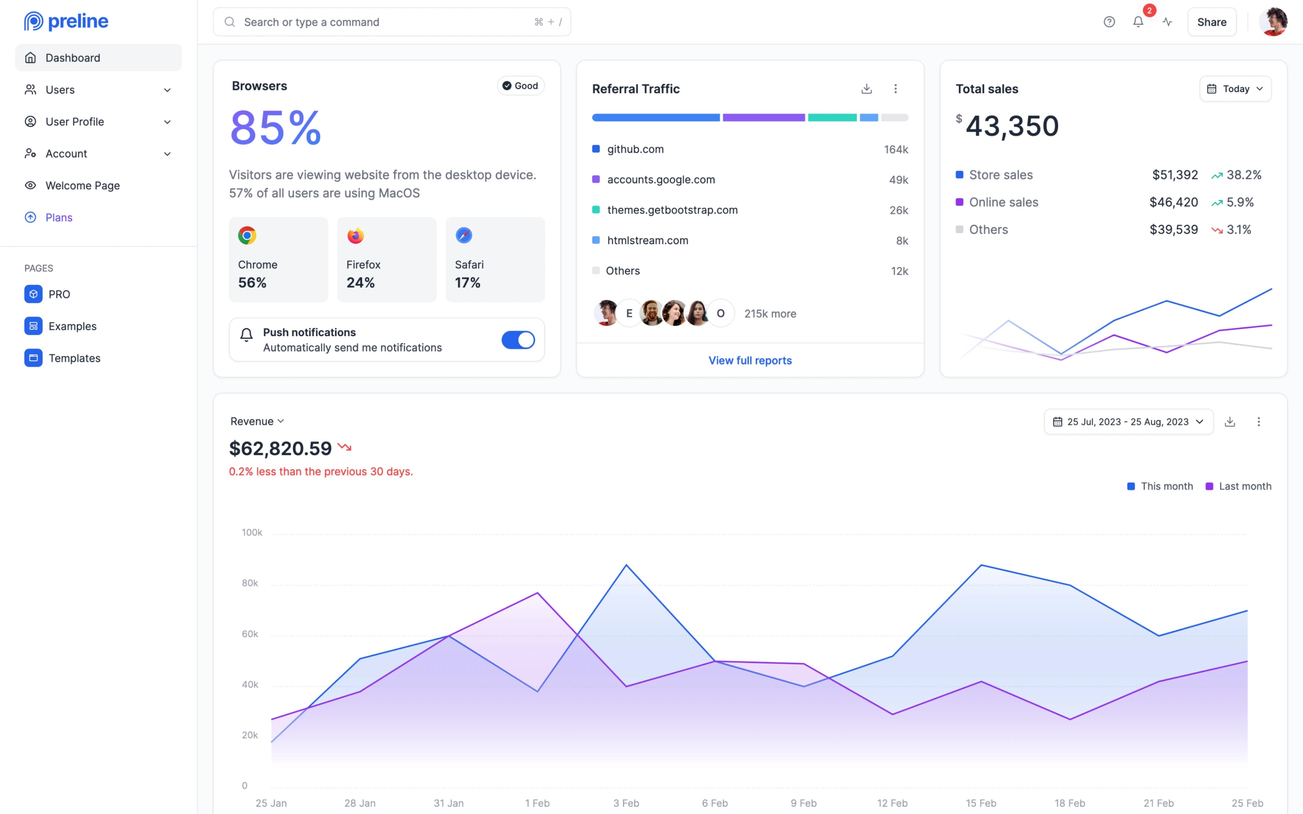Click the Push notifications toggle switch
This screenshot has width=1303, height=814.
(x=518, y=340)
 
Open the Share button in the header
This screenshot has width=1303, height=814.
(x=1211, y=22)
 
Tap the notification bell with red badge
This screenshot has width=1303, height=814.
(x=1138, y=22)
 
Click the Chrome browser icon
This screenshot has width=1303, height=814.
(x=247, y=235)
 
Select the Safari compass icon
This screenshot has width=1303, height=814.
(x=464, y=235)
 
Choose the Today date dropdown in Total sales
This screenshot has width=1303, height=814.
(x=1235, y=89)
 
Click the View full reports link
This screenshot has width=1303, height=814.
(x=750, y=360)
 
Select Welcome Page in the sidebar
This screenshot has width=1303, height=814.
(x=82, y=185)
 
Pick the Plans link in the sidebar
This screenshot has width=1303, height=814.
(x=59, y=217)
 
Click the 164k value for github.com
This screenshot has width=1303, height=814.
(x=895, y=149)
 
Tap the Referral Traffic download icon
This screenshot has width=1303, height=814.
(x=866, y=89)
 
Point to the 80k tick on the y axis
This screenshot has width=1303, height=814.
(x=250, y=583)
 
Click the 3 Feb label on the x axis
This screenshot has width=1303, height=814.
(x=626, y=803)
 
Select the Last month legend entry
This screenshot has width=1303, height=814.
(x=1239, y=486)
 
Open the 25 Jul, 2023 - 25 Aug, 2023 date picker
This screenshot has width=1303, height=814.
(x=1128, y=422)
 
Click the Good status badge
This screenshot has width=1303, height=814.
(x=520, y=85)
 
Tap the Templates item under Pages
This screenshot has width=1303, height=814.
(x=74, y=358)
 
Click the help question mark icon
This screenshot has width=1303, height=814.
(x=1109, y=22)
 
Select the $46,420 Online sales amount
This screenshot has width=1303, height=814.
(x=1173, y=202)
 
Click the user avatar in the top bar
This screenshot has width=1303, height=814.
(x=1273, y=22)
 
